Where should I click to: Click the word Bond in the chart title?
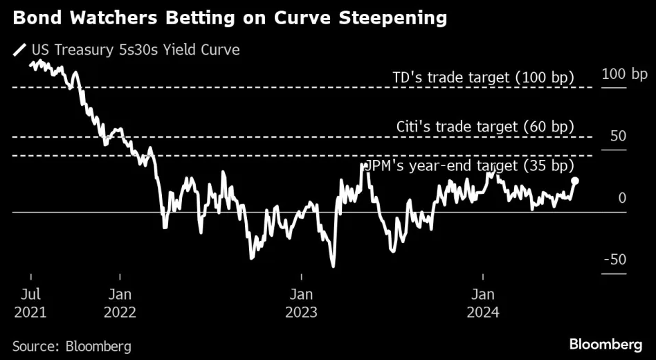[x=34, y=19]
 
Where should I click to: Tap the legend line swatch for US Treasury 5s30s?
[x=19, y=50]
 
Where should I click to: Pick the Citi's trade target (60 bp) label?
[x=485, y=127]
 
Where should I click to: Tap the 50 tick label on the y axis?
[x=617, y=136]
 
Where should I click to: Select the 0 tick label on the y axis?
[x=622, y=198]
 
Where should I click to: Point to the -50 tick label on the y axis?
[x=614, y=260]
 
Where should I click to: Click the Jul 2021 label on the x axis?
[x=30, y=303]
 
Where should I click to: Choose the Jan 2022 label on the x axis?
[x=120, y=303]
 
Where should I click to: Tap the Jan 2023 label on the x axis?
[x=301, y=303]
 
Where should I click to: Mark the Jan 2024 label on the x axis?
[x=482, y=303]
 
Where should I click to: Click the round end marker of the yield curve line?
[x=575, y=181]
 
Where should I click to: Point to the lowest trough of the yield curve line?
[x=333, y=266]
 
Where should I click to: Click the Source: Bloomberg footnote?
[x=71, y=345]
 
